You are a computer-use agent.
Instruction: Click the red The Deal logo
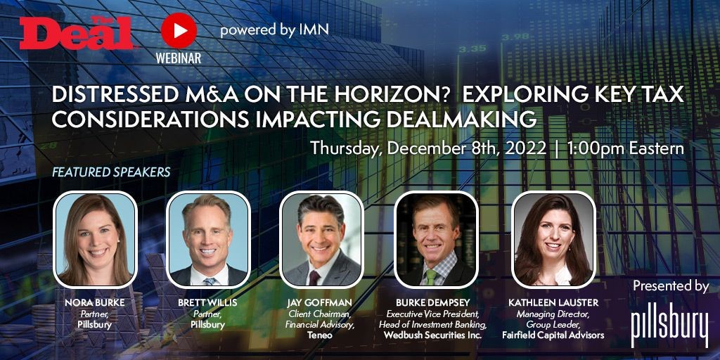76,32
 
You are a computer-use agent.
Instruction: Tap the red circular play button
179,31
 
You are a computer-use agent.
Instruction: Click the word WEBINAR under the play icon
178,58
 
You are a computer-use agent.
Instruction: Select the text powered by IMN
274,30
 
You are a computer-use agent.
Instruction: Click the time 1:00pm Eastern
625,148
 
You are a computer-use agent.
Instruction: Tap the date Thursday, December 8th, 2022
428,149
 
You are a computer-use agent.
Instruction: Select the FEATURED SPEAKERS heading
111,172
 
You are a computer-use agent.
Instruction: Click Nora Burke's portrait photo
95,240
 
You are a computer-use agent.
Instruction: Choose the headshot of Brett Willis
208,240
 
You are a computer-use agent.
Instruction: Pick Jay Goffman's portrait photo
321,240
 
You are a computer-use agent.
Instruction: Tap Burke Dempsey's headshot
436,240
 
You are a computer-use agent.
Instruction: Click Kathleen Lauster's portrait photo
553,240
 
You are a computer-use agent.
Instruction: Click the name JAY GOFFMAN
321,304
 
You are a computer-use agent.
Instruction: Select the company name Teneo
321,335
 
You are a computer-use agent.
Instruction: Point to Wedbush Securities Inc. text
432,335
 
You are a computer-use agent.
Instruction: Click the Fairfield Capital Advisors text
553,335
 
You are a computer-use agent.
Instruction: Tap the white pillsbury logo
669,325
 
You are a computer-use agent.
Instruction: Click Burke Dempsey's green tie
430,276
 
